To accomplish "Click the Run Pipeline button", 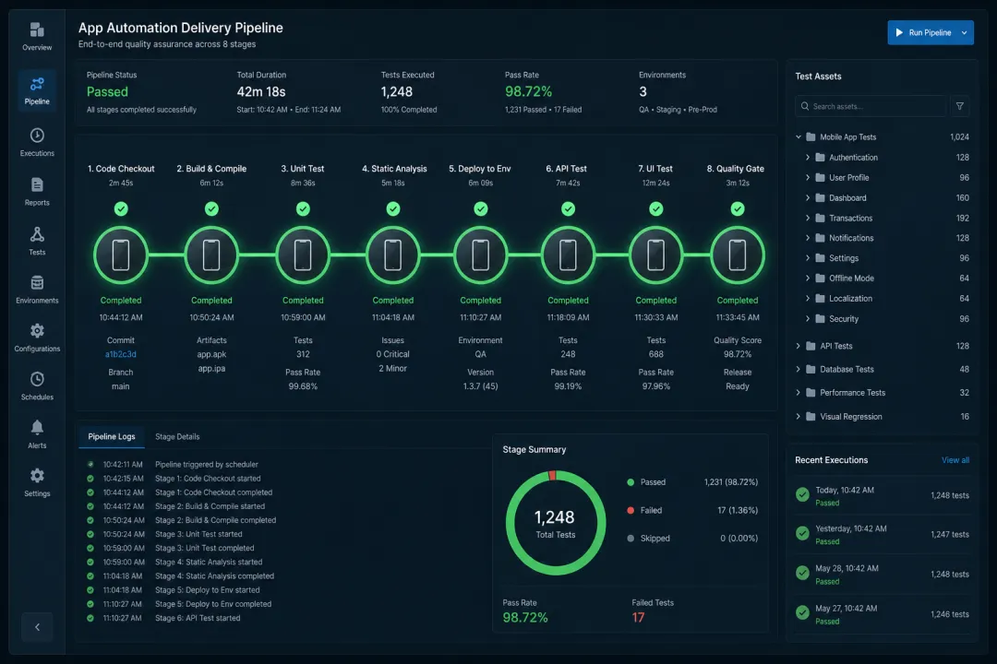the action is [931, 32].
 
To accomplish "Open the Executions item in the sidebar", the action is [37, 142].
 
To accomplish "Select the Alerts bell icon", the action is [37, 427].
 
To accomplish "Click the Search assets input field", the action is [871, 106].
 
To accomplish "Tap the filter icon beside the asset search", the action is [959, 106].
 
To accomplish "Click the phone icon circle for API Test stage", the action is [568, 255].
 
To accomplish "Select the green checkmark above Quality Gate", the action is [738, 208].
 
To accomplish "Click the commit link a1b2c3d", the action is [121, 354].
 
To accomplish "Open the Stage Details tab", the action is [177, 436].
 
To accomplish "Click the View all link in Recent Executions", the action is [955, 460].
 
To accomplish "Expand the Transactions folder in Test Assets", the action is [808, 218].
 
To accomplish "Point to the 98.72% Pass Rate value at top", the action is [528, 91].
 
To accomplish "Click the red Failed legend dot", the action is [631, 510].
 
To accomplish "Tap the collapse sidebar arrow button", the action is [37, 627].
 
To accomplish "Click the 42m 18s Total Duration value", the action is [261, 91].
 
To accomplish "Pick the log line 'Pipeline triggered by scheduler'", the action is [207, 465].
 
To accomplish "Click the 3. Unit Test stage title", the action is [303, 169].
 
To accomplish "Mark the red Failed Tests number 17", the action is [639, 618].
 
